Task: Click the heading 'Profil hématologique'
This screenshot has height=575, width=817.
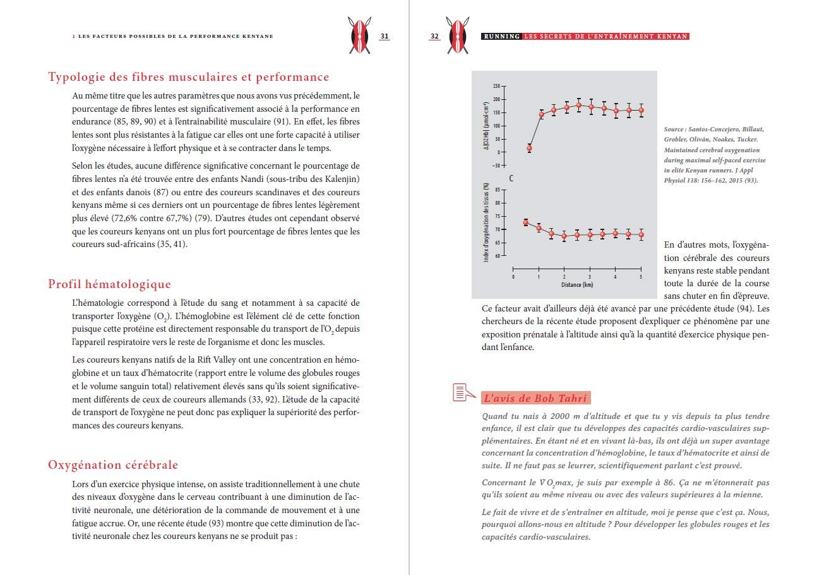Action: [109, 284]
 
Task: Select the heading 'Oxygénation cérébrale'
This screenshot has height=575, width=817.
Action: [113, 465]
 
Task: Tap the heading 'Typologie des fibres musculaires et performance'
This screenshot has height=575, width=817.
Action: [189, 77]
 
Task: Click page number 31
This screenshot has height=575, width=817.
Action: [384, 36]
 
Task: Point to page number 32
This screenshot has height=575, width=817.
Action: [434, 36]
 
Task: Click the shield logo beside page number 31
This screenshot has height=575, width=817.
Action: [361, 34]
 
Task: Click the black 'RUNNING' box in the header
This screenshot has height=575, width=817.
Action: [501, 37]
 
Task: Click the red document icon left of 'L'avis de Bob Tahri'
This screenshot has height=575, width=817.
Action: [463, 392]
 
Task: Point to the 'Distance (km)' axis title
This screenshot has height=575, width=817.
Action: [577, 285]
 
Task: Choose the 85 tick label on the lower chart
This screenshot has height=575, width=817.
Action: [496, 190]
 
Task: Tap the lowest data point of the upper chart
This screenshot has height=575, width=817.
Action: [529, 148]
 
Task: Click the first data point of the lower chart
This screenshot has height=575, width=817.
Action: [526, 222]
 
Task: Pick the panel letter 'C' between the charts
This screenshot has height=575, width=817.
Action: [511, 179]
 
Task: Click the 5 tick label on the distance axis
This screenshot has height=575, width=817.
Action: [641, 276]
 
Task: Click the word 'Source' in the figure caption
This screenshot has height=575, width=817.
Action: [676, 129]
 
